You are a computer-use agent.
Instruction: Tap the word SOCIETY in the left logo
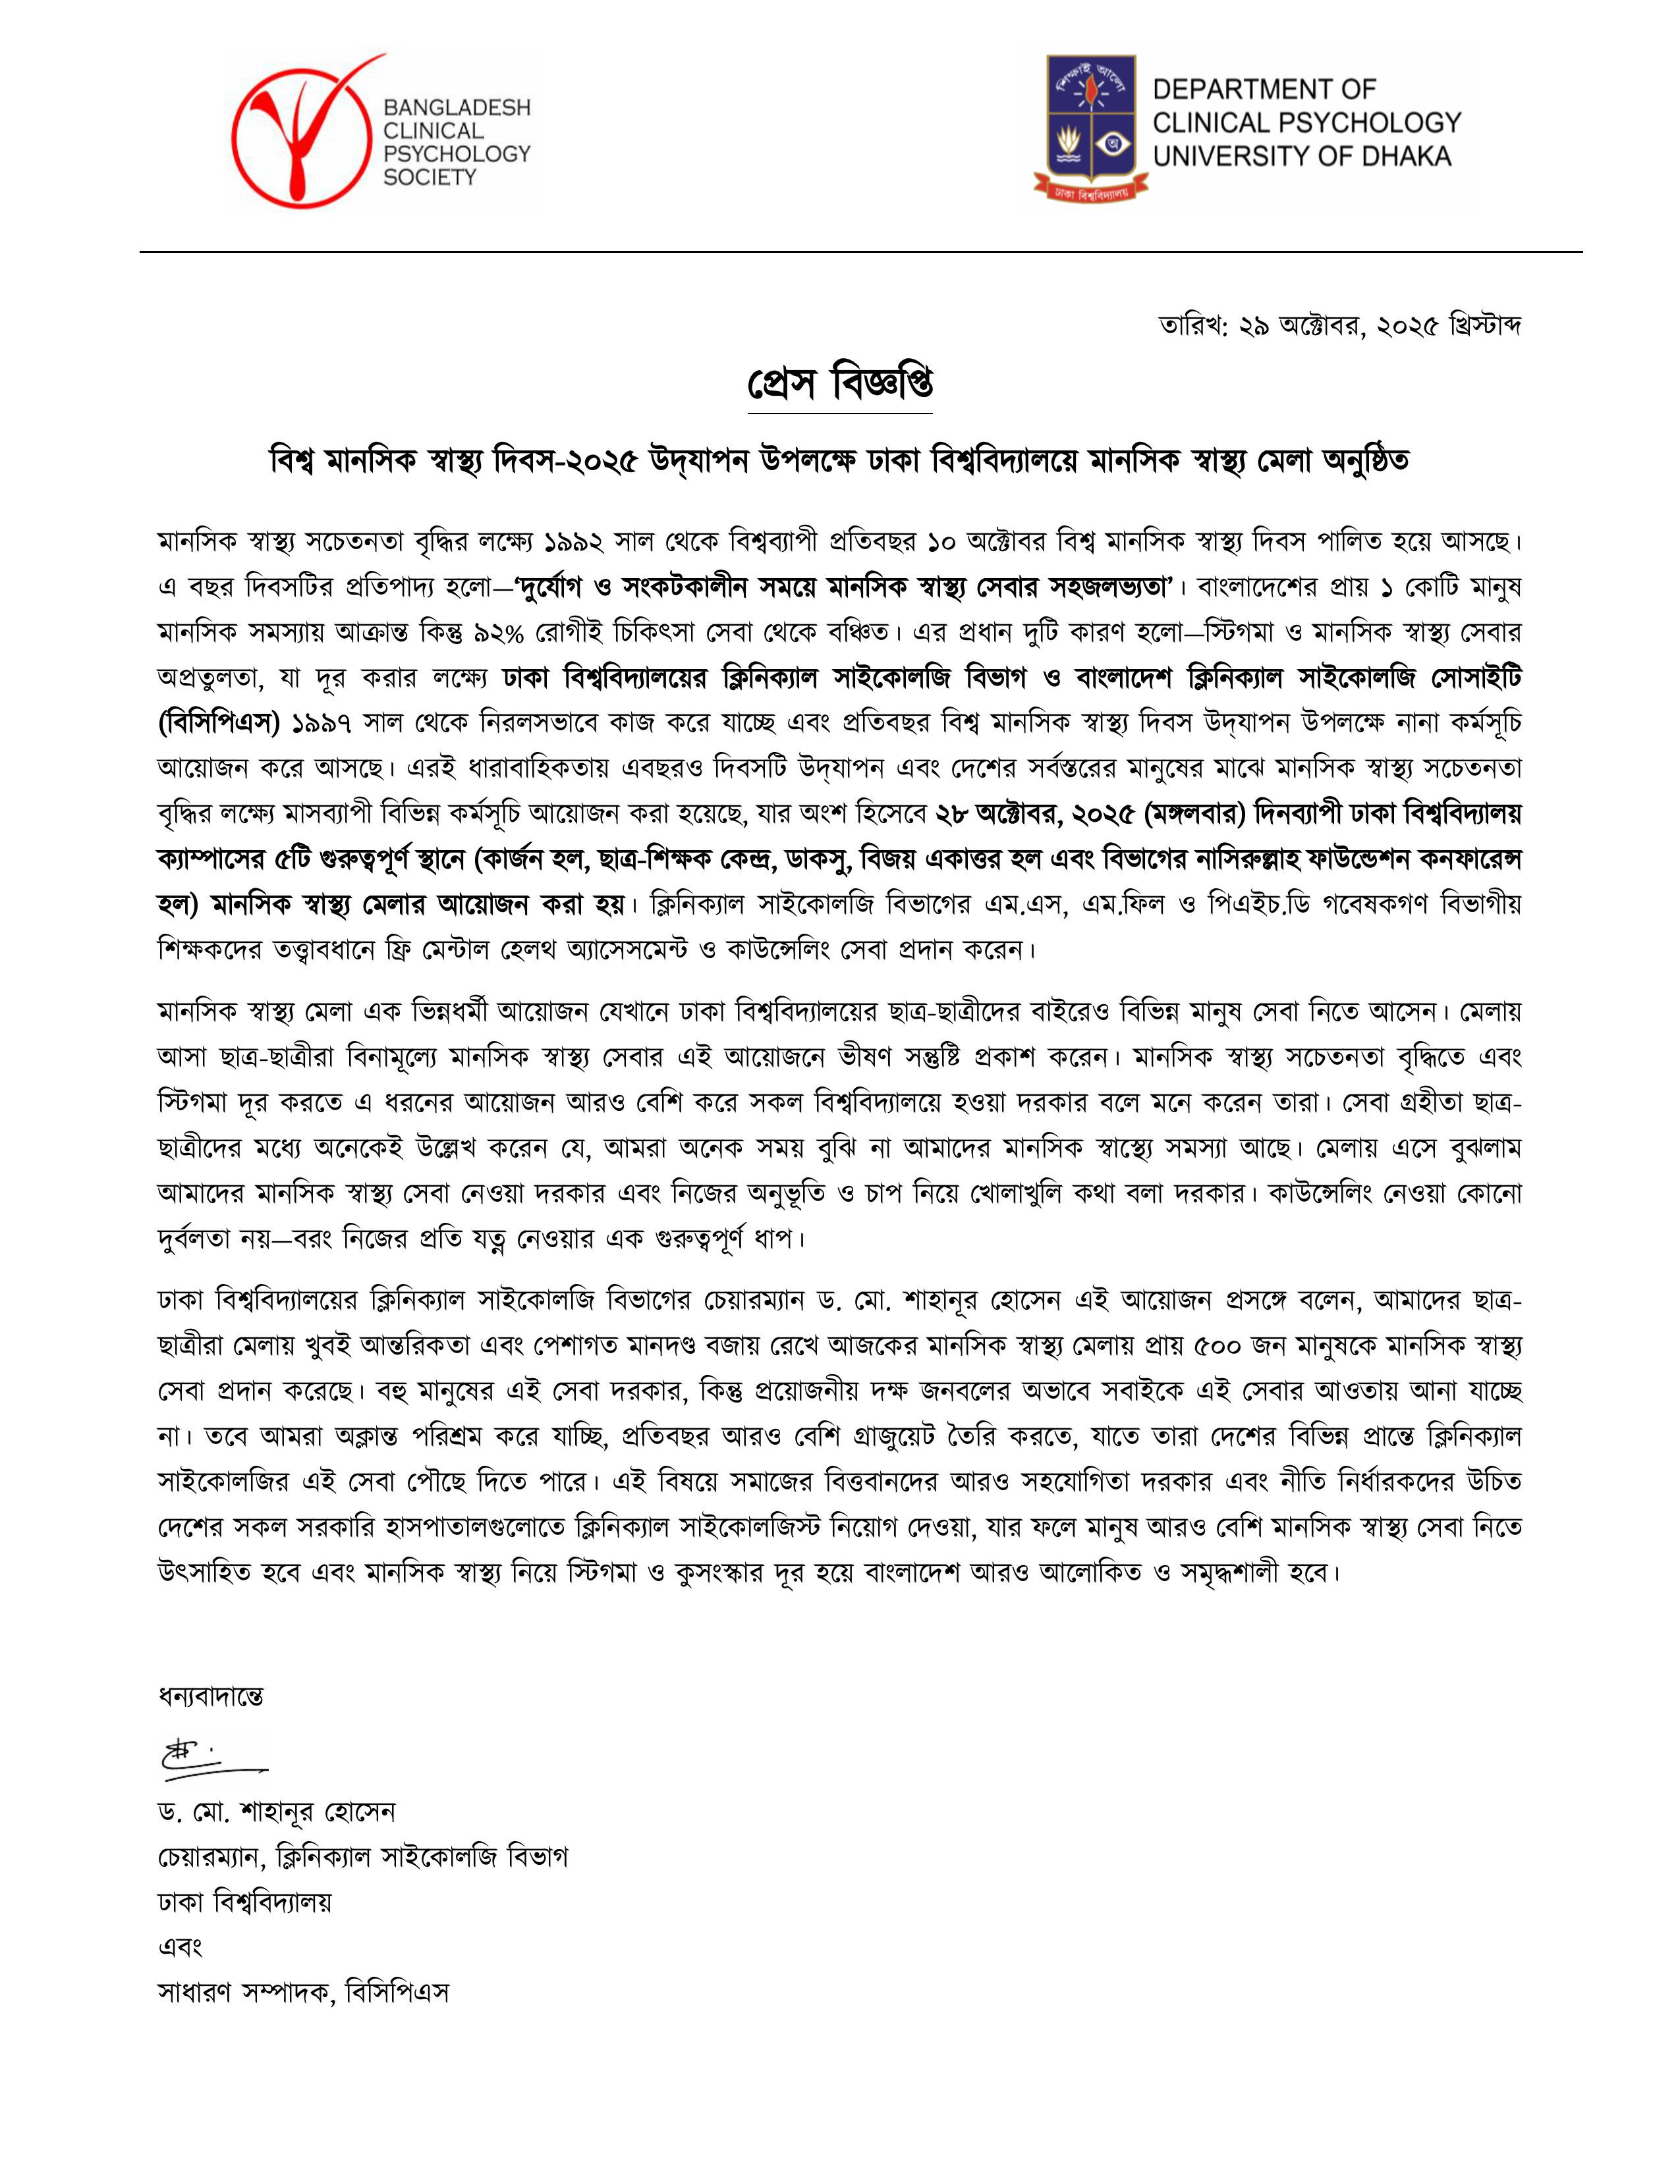point(430,178)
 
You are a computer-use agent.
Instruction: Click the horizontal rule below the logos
point(860,252)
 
